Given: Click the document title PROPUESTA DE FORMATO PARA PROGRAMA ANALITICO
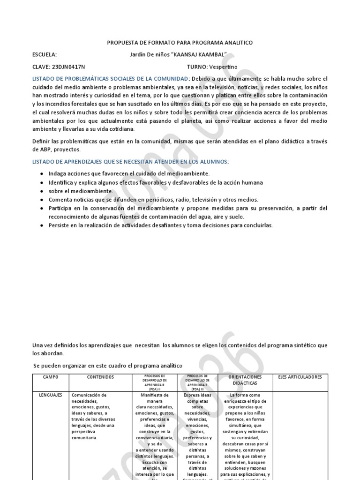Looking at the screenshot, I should tap(180, 43).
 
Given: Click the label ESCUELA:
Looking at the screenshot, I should tap(45, 54).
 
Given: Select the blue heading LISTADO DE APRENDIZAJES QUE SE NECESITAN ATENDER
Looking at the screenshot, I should tap(130, 162).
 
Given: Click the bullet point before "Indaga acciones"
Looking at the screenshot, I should tap(42, 174).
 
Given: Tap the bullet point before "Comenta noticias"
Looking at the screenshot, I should tap(42, 200).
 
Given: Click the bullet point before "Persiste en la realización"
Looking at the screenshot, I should tap(42, 225).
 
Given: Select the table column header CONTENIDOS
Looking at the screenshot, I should tap(100, 377).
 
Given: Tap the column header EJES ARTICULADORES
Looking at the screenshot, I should tap(300, 377).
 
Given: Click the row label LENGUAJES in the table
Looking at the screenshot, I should tap(51, 396).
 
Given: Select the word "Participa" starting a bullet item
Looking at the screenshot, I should tap(60, 208).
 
